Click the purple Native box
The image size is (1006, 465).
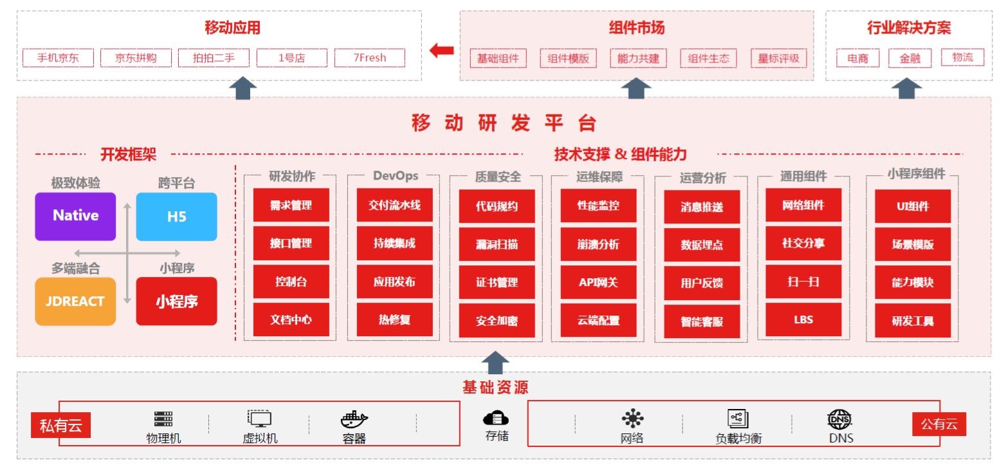pos(75,216)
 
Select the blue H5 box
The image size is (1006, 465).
pos(176,217)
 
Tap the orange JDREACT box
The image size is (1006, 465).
pos(75,301)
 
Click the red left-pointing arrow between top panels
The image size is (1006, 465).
pos(441,50)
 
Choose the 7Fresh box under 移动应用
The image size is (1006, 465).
pos(370,58)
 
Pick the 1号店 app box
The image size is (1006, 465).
pos(292,58)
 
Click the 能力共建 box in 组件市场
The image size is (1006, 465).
pos(638,59)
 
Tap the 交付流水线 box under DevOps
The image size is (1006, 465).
pos(395,205)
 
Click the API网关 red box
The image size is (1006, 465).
pos(599,283)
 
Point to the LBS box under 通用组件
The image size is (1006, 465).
pos(803,319)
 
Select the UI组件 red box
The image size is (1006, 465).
pos(913,207)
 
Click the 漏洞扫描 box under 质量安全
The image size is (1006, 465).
pos(497,244)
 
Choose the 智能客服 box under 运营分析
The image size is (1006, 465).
pos(702,321)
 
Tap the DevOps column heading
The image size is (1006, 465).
pos(396,176)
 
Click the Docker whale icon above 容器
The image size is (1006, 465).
pos(354,419)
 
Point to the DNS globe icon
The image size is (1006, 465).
pos(839,419)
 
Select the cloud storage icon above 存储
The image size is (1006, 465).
pos(496,418)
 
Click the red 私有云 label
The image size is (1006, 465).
pos(60,425)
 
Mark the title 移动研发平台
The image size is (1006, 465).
pos(504,123)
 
